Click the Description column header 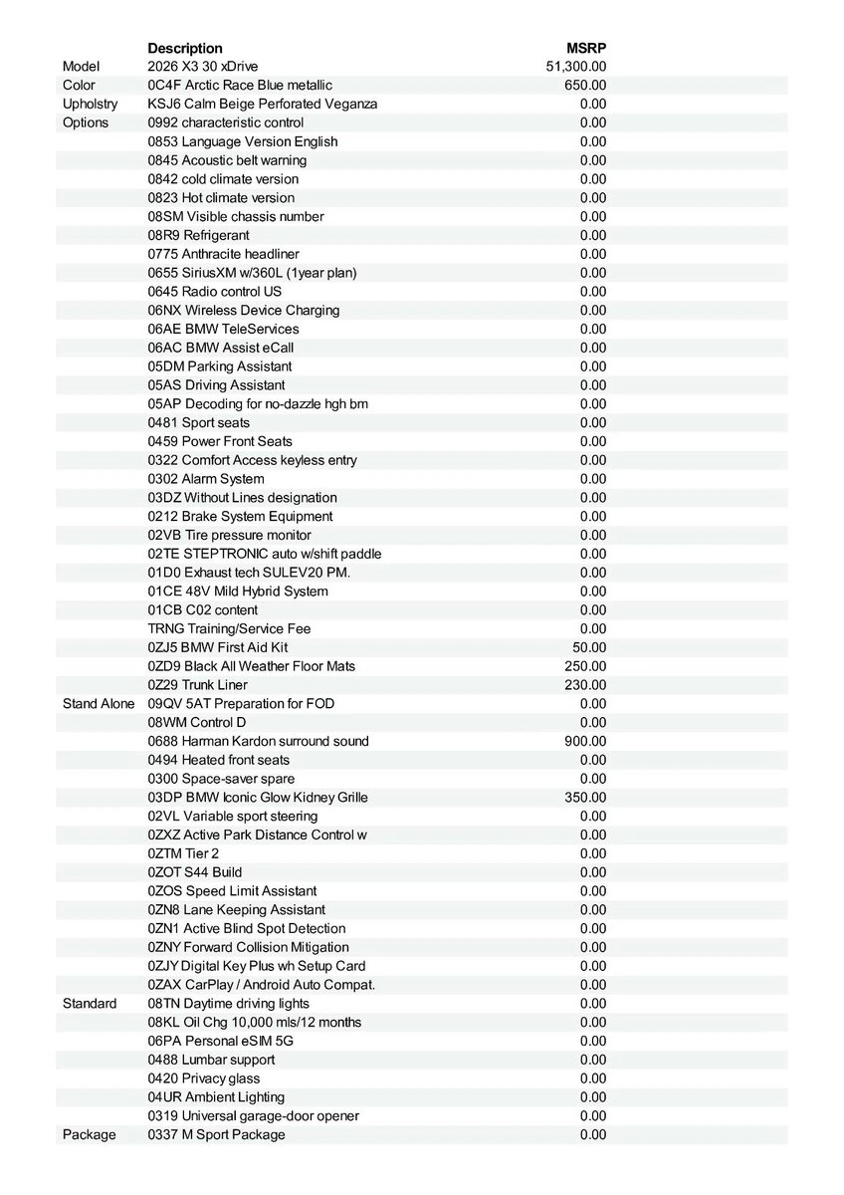coord(185,48)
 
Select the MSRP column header coord(586,48)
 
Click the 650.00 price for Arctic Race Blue coord(585,86)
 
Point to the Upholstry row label coord(90,104)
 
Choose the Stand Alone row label coord(98,704)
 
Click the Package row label coord(89,1135)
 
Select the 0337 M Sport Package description coord(216,1135)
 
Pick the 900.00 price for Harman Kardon coord(585,741)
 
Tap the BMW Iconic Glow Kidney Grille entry coord(258,798)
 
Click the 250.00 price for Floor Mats coord(585,666)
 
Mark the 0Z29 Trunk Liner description coord(198,685)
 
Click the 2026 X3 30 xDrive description coord(205,67)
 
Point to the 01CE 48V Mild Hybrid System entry coord(238,592)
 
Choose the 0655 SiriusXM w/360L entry coord(252,273)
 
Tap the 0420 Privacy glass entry coord(204,1078)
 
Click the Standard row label coord(90,1004)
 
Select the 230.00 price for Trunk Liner coord(585,685)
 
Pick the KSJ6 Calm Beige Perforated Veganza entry coord(263,104)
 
